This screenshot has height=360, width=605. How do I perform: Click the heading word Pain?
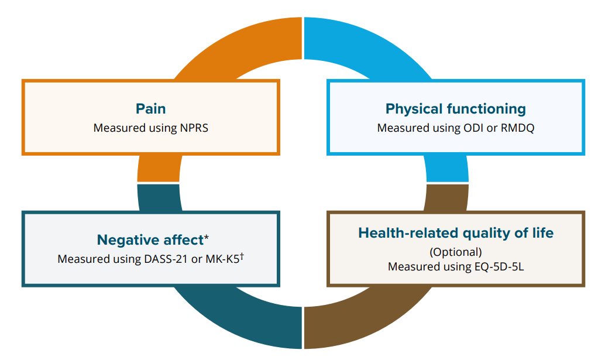150,109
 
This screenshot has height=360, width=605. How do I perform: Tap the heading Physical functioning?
455,109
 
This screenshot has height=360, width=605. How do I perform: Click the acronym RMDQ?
517,127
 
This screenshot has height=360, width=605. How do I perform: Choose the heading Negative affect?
149,240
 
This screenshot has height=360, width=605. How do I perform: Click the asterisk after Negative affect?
206,238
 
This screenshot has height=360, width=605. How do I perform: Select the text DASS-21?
166,259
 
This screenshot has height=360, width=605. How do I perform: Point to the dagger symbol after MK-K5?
241,256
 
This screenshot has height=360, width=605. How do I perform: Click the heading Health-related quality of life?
455,233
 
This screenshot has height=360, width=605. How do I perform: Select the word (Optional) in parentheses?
455,252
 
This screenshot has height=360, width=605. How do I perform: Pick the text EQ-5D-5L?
499,266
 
